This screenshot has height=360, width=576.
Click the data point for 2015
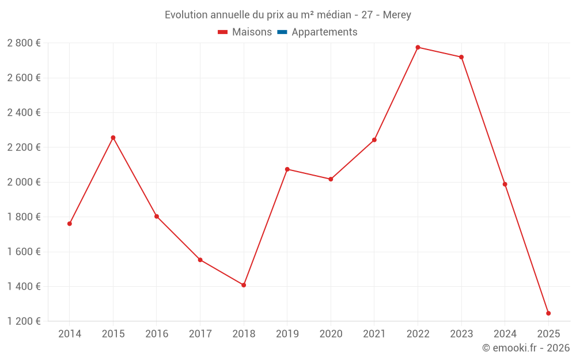coord(113,138)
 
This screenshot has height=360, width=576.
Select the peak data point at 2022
coord(418,47)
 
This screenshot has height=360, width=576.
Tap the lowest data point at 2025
coord(548,313)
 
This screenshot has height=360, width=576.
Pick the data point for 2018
coord(244,285)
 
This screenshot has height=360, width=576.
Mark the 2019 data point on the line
coord(287,169)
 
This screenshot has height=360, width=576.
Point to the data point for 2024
coord(505,184)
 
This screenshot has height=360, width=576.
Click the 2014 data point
coord(70,223)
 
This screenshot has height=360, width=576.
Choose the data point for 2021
coord(374,140)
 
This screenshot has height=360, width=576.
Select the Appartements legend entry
coord(324,32)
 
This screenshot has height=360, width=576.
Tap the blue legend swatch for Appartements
coord(282,32)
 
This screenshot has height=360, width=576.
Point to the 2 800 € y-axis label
coord(24,43)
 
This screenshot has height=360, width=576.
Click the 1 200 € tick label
coord(24,321)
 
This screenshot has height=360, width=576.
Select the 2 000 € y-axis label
coord(24,182)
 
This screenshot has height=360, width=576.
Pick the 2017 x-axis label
coord(200,334)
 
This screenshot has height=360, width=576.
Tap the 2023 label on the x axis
coord(461,334)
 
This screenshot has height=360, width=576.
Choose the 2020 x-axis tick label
coord(331,334)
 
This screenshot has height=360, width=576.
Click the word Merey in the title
coord(397,15)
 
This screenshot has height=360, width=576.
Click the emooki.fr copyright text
coord(526,348)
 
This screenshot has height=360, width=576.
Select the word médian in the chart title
coord(332,15)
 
